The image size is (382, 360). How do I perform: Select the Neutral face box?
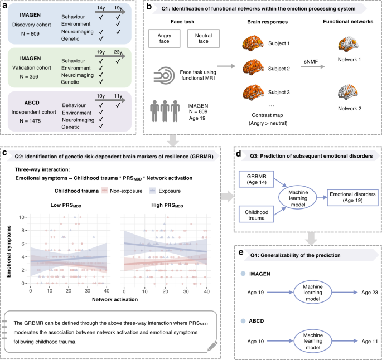pyautogui.click(x=205, y=40)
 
